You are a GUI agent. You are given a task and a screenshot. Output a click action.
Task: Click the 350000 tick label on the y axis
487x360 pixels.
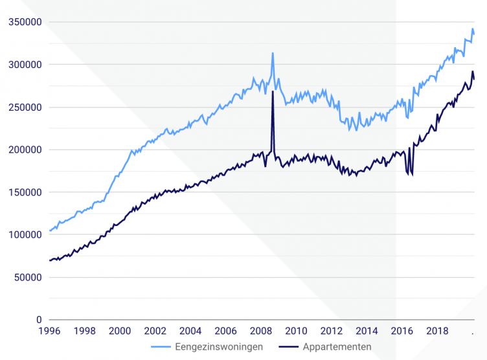tap(25, 22)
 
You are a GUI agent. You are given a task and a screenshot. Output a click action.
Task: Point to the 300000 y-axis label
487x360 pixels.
tap(25, 65)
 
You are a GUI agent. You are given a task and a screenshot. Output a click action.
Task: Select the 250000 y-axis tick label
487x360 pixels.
tap(25, 107)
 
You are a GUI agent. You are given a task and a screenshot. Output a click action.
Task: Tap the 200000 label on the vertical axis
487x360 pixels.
tap(25, 150)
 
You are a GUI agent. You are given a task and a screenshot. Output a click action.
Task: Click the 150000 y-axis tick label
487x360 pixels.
tap(25, 192)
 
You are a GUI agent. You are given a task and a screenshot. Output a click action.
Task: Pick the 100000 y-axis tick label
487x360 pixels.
tap(25, 235)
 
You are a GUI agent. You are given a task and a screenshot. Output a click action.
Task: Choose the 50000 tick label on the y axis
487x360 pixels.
tap(28, 278)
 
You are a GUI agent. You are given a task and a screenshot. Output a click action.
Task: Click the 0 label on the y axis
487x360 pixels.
tap(39, 320)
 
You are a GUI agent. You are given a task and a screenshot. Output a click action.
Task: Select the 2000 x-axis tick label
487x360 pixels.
tap(120, 331)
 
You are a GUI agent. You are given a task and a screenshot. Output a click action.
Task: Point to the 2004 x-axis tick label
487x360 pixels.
tap(190, 331)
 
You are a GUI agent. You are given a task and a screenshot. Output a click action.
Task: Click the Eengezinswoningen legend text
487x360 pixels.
tap(219, 347)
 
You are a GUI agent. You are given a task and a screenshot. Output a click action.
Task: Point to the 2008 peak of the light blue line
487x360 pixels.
tap(273, 53)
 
